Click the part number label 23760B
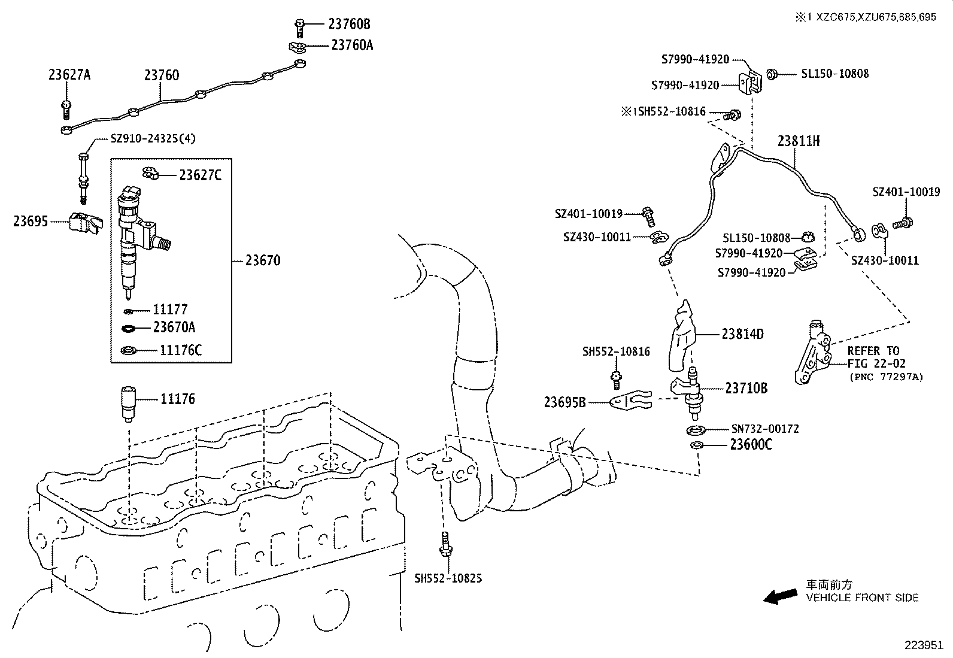point(349,24)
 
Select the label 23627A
point(69,75)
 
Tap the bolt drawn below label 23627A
point(66,109)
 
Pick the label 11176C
point(181,351)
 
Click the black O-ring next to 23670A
point(129,328)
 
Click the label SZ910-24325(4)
point(153,138)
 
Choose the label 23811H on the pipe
point(799,141)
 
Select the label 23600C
point(751,445)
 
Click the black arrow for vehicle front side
point(781,596)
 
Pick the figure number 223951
point(924,645)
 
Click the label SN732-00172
point(764,429)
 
